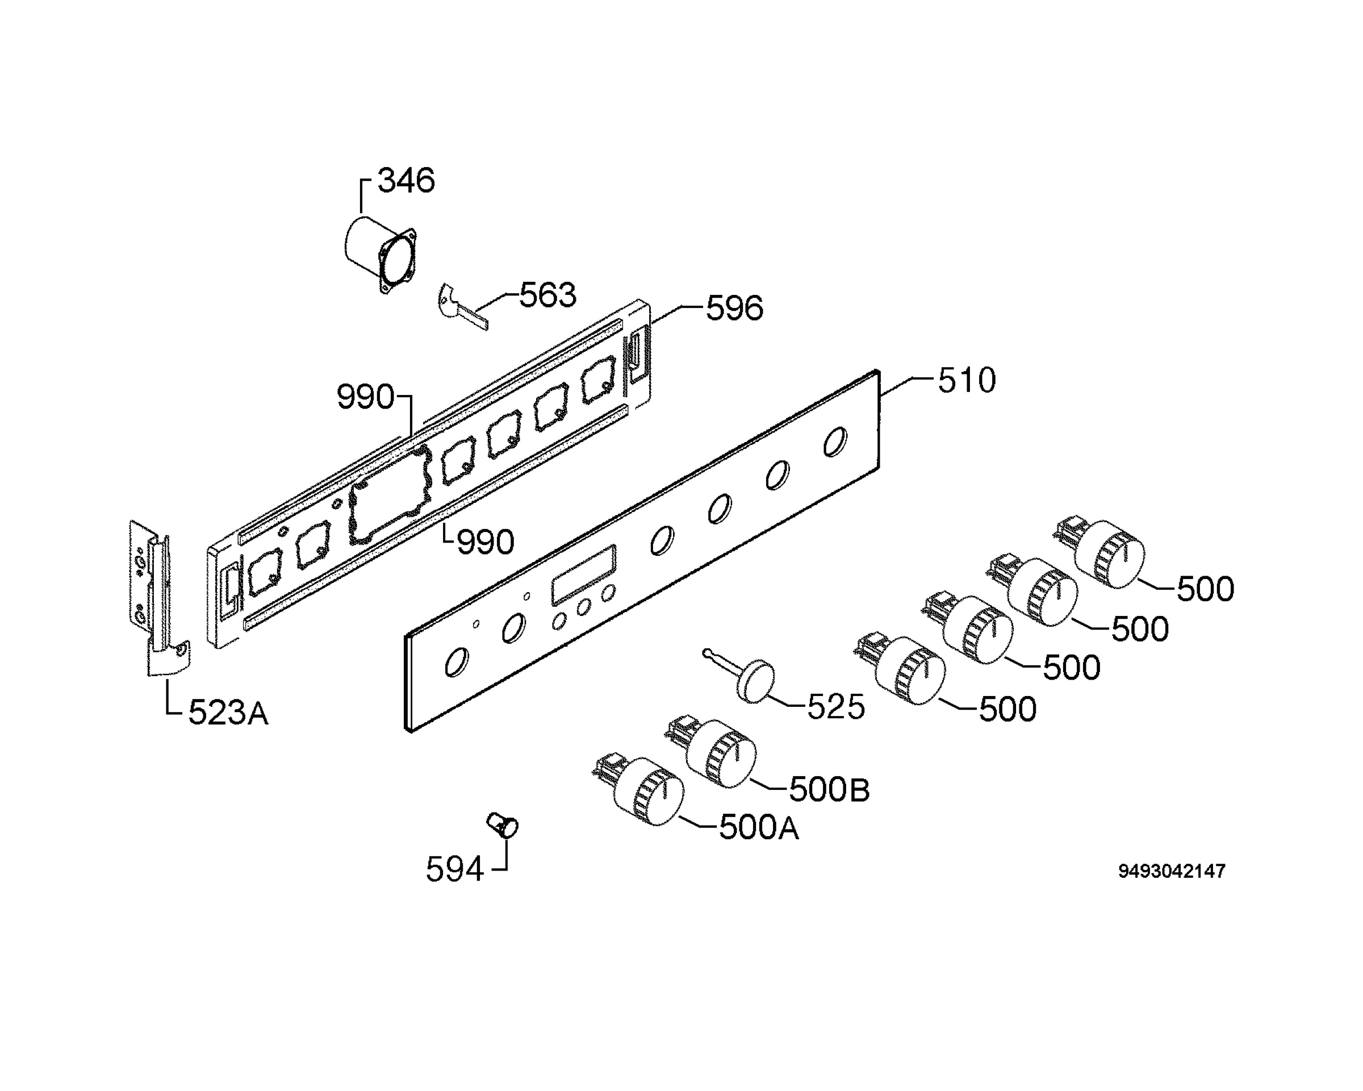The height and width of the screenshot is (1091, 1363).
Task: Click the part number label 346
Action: point(406,180)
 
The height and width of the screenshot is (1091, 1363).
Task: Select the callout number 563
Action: point(547,295)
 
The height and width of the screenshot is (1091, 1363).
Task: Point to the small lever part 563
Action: point(462,307)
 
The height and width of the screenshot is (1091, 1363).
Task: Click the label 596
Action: point(735,309)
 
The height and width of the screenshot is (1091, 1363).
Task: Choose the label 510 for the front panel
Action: point(967,381)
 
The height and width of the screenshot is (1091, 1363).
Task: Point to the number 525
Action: point(836,707)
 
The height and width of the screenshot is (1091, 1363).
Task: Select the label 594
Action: point(454,869)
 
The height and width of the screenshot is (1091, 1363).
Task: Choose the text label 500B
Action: point(829,790)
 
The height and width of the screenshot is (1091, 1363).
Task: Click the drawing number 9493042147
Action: point(1172,871)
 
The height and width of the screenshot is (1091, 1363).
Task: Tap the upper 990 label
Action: point(365,397)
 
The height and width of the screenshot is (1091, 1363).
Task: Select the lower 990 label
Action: point(486,542)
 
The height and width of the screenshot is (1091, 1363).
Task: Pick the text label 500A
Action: point(759,828)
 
